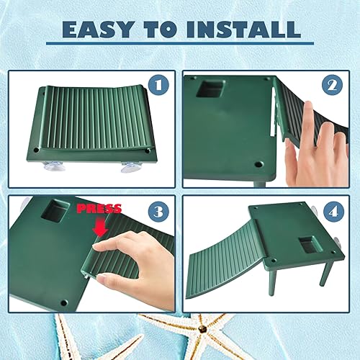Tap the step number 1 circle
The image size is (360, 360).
tap(160, 85)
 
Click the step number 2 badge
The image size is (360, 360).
tap(333, 85)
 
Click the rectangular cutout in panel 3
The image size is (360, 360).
tap(55, 212)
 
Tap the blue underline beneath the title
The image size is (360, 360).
tap(180, 45)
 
